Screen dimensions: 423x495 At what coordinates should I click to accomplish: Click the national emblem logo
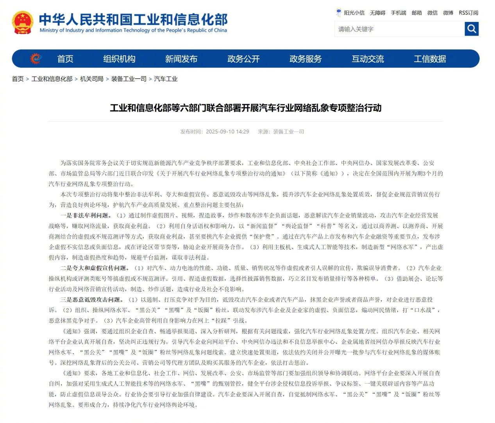tap(22, 23)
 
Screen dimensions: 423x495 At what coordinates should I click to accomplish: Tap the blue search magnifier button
tap(472, 29)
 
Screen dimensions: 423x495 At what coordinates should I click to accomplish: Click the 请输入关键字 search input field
tap(399, 29)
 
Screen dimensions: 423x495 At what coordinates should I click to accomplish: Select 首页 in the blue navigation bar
tap(65, 59)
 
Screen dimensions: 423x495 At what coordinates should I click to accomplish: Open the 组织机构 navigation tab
tap(119, 59)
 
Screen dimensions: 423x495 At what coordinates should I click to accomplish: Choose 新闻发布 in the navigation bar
tap(181, 59)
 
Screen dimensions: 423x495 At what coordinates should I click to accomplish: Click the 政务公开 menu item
tap(243, 59)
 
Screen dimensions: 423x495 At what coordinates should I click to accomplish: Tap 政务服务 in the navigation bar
tap(306, 59)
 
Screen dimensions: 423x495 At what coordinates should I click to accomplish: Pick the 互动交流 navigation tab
tap(368, 59)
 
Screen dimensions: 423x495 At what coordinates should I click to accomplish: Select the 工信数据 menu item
tap(430, 59)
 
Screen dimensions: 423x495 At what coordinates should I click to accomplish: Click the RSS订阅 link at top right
tap(468, 13)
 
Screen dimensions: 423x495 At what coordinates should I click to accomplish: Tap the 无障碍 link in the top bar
tap(377, 13)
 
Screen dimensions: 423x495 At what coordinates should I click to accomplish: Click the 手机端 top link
tap(399, 13)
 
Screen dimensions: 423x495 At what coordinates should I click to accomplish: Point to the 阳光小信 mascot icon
tap(339, 12)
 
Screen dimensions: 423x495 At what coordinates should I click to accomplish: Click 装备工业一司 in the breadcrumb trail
tap(129, 79)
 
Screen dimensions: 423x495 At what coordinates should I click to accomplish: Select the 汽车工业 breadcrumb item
tap(166, 79)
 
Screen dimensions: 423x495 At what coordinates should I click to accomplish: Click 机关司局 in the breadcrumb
tap(92, 79)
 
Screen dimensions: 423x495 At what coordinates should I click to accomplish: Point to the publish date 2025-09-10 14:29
tap(227, 132)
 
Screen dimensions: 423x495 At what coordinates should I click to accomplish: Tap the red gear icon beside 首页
tap(36, 59)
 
